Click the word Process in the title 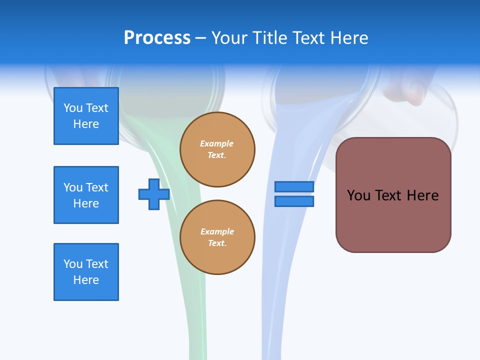pos(157,38)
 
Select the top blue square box pos(86,116)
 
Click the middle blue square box pos(86,195)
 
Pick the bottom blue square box pos(86,272)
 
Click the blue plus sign pos(154,194)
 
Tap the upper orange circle pos(217,149)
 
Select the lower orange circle pos(217,237)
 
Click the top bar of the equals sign pos(294,186)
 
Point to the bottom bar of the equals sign pos(294,201)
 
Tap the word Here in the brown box pos(422,195)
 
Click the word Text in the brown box pos(389,195)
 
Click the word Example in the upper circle pos(216,143)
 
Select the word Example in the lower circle pos(217,231)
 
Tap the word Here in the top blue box pos(86,124)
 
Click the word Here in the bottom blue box pos(86,280)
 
